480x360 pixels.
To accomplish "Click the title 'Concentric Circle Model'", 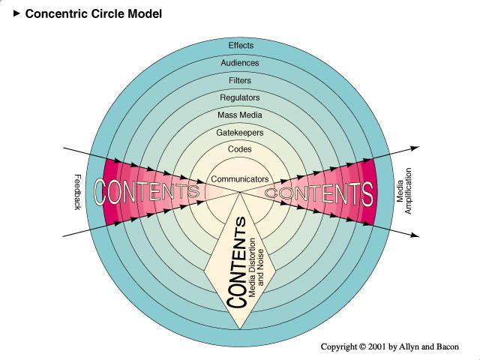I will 94,13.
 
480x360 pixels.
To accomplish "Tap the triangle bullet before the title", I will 16,13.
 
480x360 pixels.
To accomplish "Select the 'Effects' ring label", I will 240,45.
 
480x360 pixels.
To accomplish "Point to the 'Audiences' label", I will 240,63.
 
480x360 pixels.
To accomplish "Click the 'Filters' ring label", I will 240,80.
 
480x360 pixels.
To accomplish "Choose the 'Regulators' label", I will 240,97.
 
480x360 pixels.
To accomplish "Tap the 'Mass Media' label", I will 240,115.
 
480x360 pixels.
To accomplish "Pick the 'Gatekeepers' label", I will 240,133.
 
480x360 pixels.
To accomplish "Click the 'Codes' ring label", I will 240,149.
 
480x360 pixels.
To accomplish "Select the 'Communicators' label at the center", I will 240,179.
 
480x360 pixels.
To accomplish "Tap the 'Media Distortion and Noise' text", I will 256,267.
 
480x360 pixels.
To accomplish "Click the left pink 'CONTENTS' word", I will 148,192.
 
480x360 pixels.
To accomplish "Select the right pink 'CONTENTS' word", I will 319,193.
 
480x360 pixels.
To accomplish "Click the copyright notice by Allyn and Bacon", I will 389,346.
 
